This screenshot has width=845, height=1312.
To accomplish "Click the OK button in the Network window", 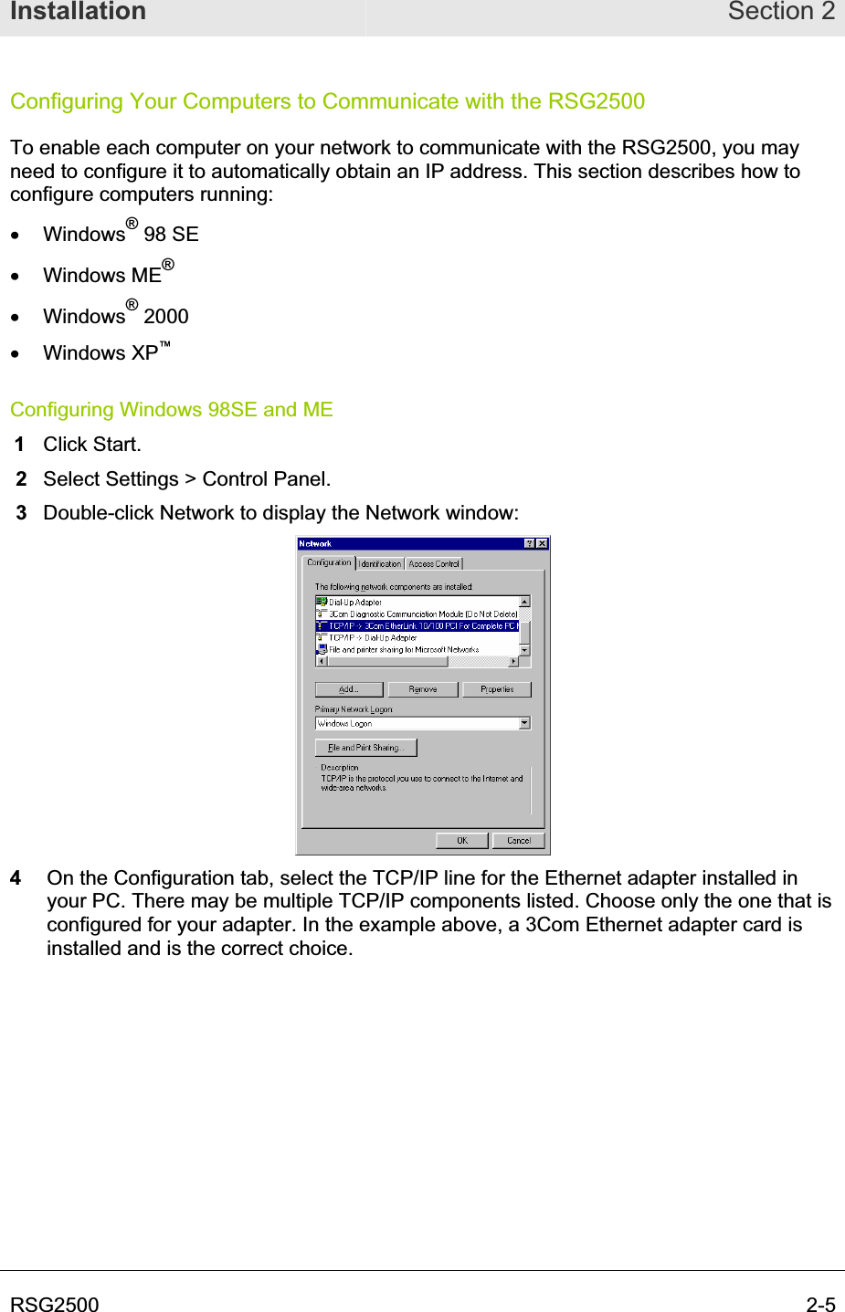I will [x=462, y=841].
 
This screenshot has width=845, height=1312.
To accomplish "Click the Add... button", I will [x=349, y=689].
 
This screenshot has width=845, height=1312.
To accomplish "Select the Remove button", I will [x=423, y=689].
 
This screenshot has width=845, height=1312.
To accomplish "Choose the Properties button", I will [x=497, y=689].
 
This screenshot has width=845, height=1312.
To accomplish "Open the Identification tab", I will [x=380, y=564].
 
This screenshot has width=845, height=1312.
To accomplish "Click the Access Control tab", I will [x=434, y=564].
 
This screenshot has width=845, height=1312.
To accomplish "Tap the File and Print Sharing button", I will [x=365, y=748].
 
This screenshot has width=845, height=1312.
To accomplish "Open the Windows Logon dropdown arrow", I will [x=524, y=723].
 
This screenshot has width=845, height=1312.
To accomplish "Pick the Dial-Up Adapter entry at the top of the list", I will [x=355, y=603].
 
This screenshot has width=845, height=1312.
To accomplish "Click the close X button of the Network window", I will [x=543, y=544].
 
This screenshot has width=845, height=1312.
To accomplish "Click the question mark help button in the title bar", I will [x=530, y=544].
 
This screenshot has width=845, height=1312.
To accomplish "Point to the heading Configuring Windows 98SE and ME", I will [x=172, y=410].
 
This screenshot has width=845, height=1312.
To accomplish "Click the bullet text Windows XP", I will [x=101, y=353].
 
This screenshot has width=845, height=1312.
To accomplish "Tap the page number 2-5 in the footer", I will [x=820, y=1305].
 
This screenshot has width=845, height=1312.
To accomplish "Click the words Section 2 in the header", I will [x=781, y=12].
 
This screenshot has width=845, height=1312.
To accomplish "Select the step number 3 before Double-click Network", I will [x=22, y=513].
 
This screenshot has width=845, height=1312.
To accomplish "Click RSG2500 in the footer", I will [x=55, y=1305].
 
